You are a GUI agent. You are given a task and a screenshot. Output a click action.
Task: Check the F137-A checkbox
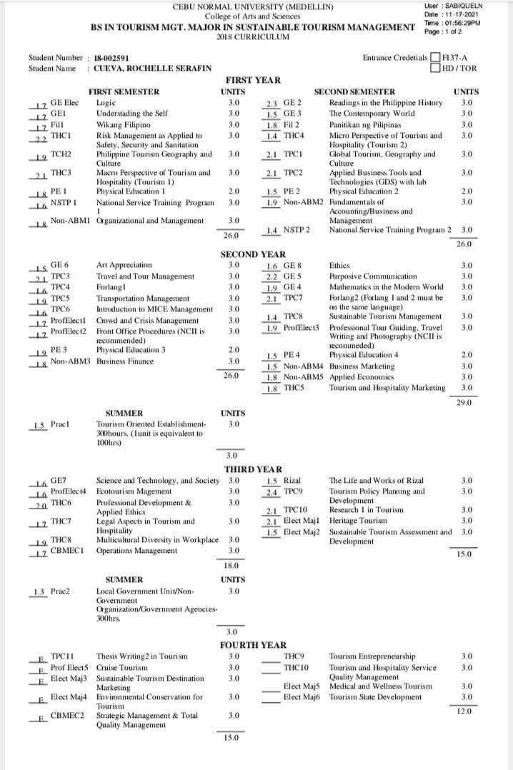(x=435, y=58)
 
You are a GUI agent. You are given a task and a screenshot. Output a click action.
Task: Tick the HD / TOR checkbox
(x=435, y=69)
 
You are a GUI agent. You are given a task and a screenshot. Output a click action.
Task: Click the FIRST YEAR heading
(x=253, y=80)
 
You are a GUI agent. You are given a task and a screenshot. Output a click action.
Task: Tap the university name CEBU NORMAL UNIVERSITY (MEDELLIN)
(x=253, y=7)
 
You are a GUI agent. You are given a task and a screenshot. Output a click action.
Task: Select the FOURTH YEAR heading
(x=253, y=645)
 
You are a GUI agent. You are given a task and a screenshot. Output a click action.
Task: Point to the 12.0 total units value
(x=464, y=711)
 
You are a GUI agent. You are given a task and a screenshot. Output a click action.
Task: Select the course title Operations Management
(x=136, y=551)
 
